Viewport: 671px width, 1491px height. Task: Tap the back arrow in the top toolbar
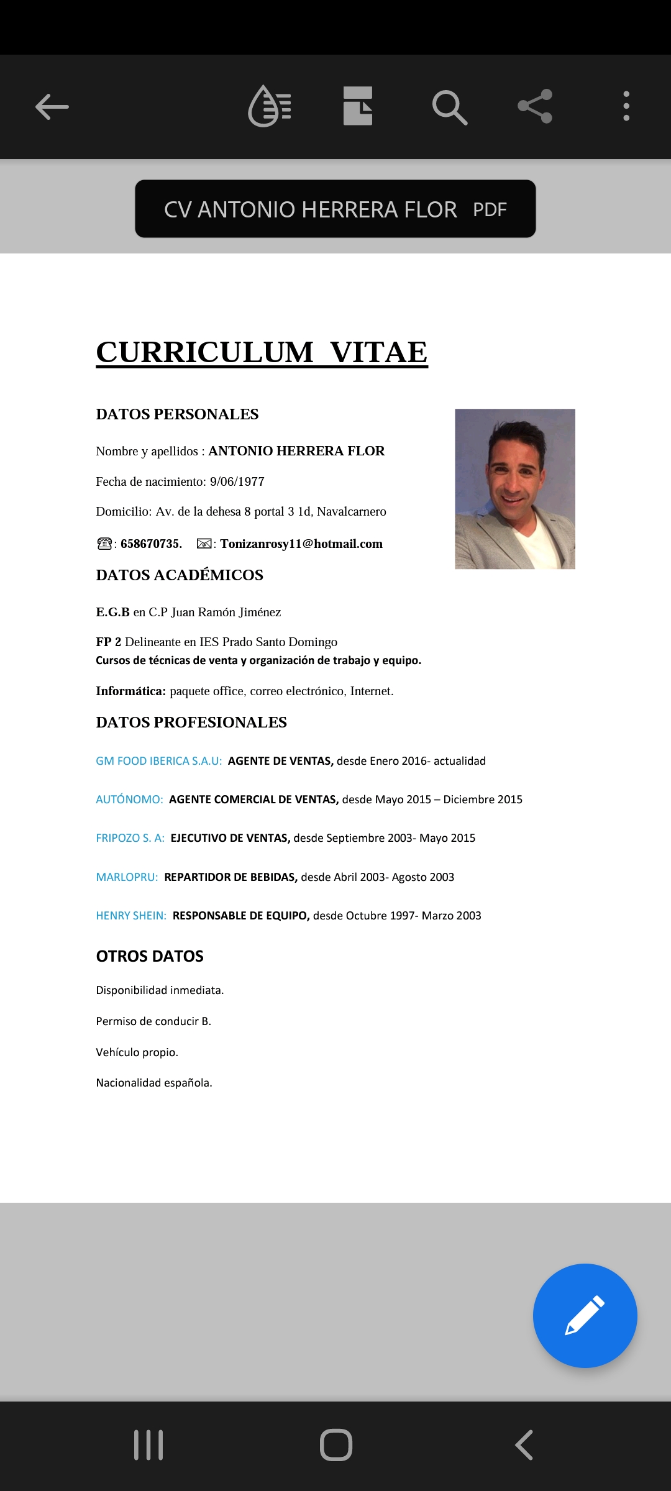point(52,107)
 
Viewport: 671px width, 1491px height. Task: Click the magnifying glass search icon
point(449,107)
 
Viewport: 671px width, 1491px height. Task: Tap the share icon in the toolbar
point(535,106)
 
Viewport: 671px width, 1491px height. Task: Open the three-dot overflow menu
point(626,106)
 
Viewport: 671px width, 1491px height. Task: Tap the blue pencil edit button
point(585,1315)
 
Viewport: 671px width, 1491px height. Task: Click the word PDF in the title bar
point(490,210)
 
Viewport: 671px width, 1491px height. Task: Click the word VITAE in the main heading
point(378,352)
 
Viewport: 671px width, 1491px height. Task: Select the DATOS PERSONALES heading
point(177,414)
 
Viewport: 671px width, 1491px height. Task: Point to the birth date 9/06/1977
point(237,481)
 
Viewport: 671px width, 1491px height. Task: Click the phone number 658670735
point(151,544)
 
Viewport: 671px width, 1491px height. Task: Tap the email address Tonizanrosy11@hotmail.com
point(301,544)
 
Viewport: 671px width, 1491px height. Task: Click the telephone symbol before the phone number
point(104,544)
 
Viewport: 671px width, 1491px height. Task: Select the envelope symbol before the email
point(204,544)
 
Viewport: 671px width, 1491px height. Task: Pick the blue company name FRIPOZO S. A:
point(130,838)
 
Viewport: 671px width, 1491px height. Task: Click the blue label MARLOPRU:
point(127,877)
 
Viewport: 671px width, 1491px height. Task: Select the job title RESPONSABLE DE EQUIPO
point(240,916)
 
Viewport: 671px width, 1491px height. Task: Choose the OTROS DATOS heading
point(150,956)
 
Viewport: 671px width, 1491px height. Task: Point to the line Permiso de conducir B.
point(153,1021)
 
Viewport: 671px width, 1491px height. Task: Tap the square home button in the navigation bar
point(335,1444)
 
